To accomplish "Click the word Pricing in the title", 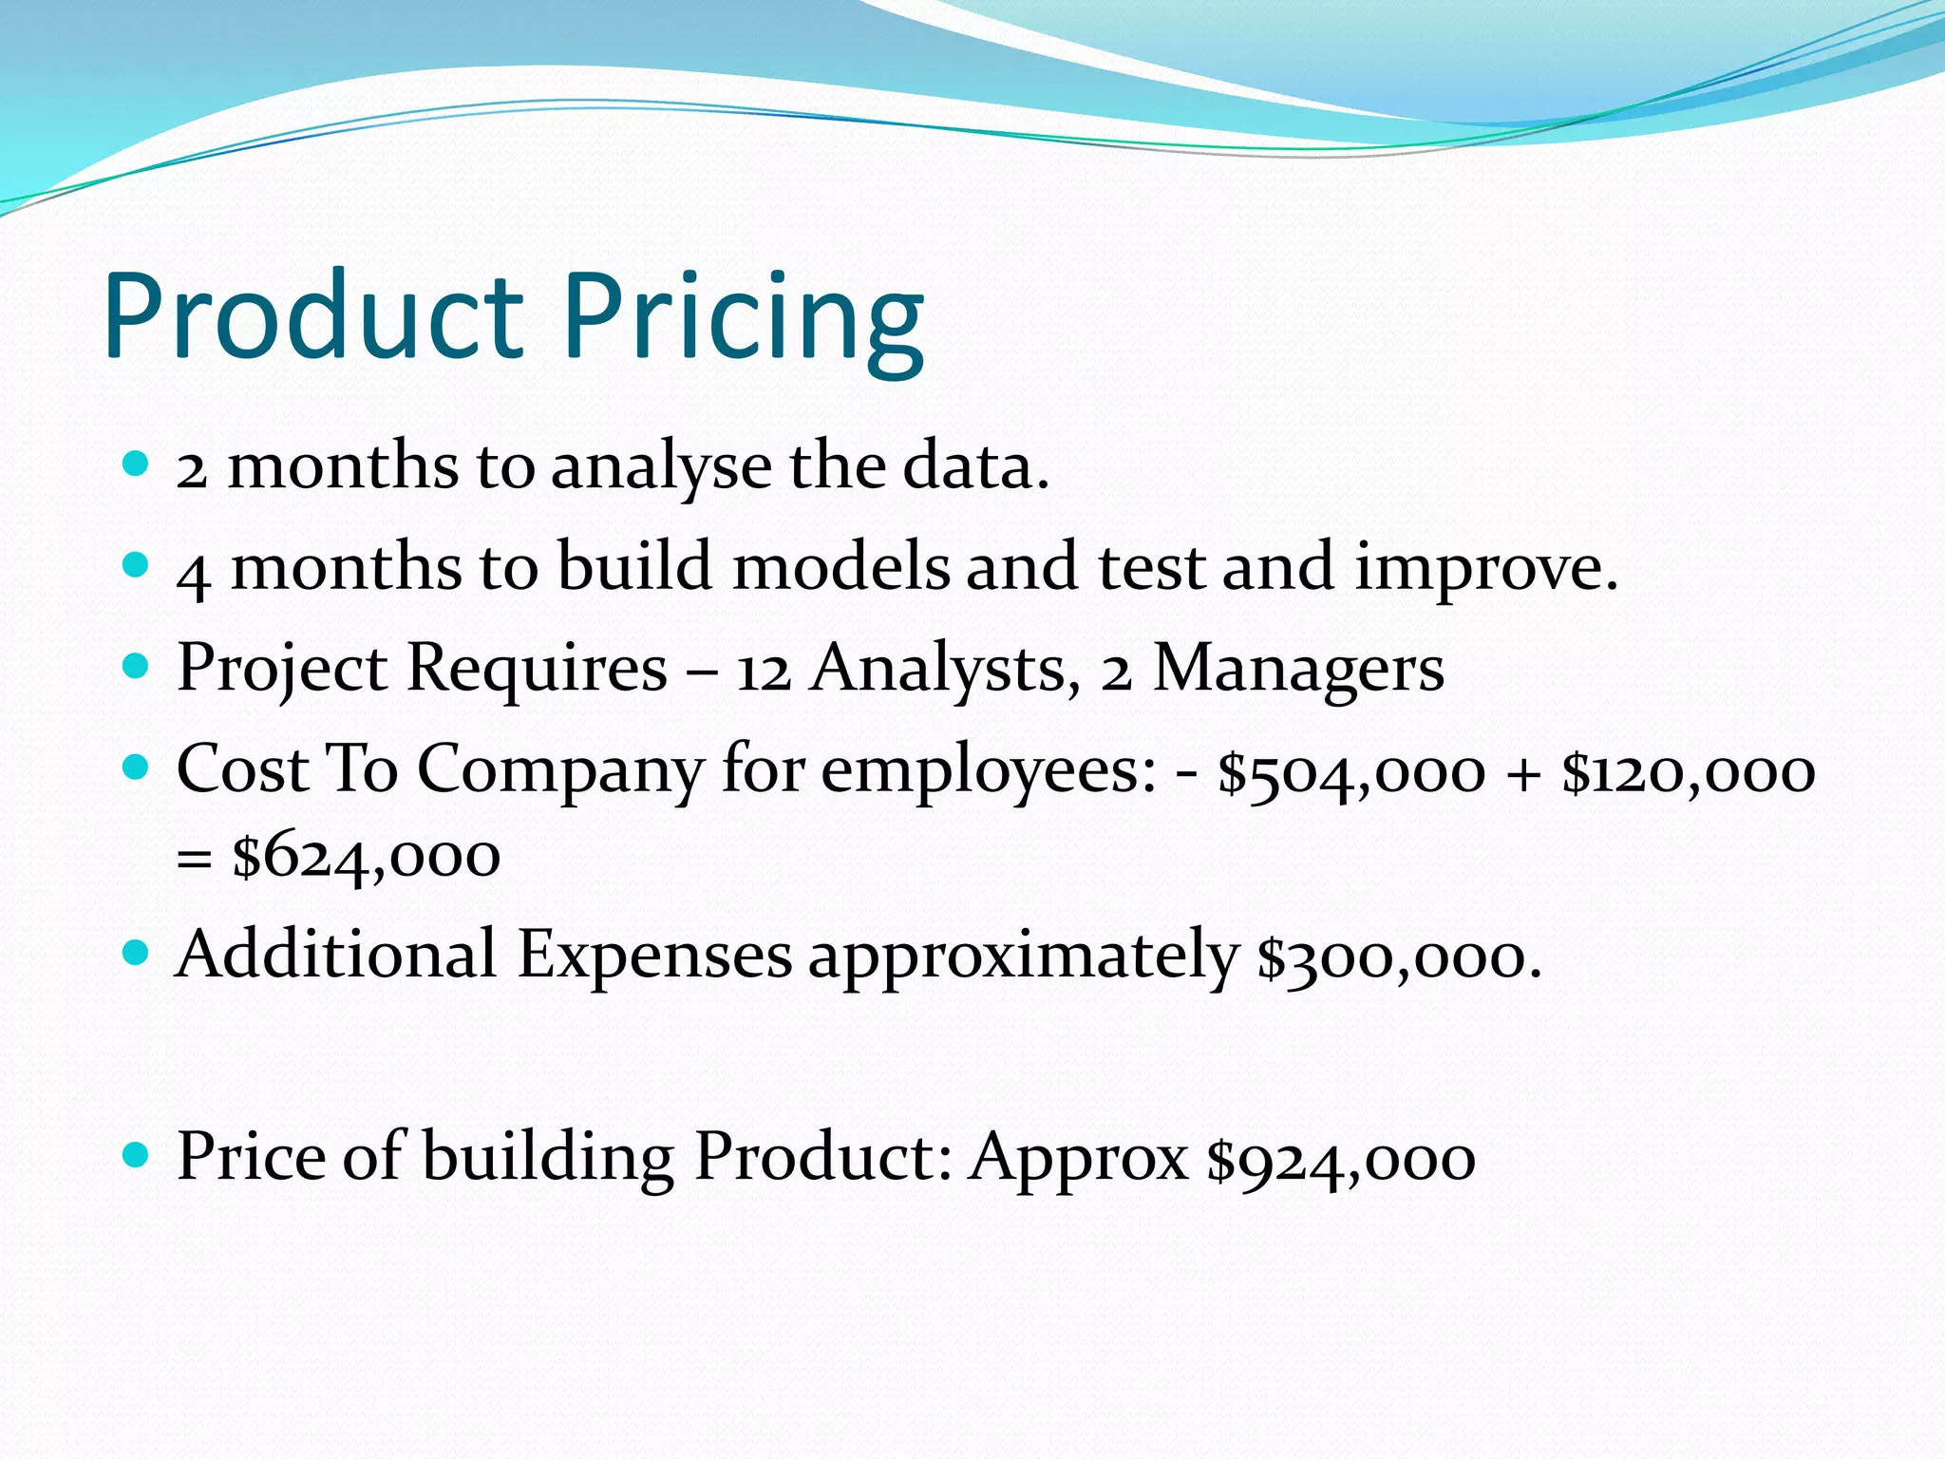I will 744,321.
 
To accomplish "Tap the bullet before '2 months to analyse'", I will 137,464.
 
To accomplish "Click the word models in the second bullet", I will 840,566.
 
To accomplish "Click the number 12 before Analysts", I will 764,671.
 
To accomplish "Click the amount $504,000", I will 1350,771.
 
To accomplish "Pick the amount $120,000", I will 1689,771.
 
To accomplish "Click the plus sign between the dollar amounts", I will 1523,773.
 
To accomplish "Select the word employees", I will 988,771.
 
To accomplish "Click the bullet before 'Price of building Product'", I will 137,1155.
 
